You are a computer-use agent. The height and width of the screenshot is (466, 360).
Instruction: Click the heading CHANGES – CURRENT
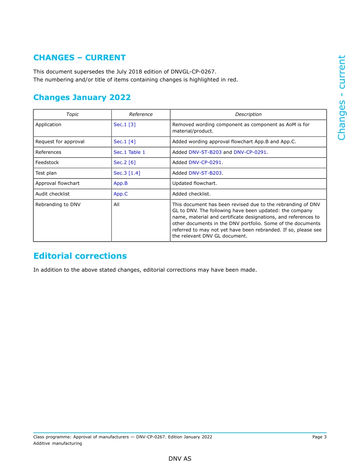point(79,58)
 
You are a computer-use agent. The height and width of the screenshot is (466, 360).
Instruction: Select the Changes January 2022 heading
point(82,97)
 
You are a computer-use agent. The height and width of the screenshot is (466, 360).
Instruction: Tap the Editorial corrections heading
point(80,256)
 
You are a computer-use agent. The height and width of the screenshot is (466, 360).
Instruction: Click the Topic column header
point(72,114)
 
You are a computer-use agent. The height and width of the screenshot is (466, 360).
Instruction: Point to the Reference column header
point(141,114)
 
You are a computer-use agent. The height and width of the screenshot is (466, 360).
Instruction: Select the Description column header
point(248,114)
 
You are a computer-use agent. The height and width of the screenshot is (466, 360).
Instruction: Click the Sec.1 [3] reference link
point(124,125)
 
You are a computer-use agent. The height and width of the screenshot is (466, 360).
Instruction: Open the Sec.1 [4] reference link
point(124,142)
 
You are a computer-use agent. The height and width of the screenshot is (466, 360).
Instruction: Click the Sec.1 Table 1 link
point(129,152)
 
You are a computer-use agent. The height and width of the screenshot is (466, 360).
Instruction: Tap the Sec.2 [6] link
point(124,163)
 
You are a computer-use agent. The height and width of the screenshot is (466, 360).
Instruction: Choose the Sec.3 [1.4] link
point(127,173)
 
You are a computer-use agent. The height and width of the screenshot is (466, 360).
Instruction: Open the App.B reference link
point(121,183)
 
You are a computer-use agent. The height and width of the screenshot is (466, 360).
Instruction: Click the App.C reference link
point(121,194)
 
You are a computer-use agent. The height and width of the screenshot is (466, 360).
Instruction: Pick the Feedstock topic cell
point(47,163)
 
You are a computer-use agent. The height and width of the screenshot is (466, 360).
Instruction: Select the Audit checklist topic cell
point(52,194)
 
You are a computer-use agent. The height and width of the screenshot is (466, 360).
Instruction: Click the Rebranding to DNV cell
point(58,205)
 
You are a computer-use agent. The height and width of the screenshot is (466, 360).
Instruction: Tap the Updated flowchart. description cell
point(194,183)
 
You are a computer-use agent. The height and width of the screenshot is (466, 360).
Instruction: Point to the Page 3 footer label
point(319,437)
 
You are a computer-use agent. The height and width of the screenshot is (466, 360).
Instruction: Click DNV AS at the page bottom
point(180,459)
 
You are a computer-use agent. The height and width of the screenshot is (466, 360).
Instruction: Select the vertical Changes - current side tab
point(341,97)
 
